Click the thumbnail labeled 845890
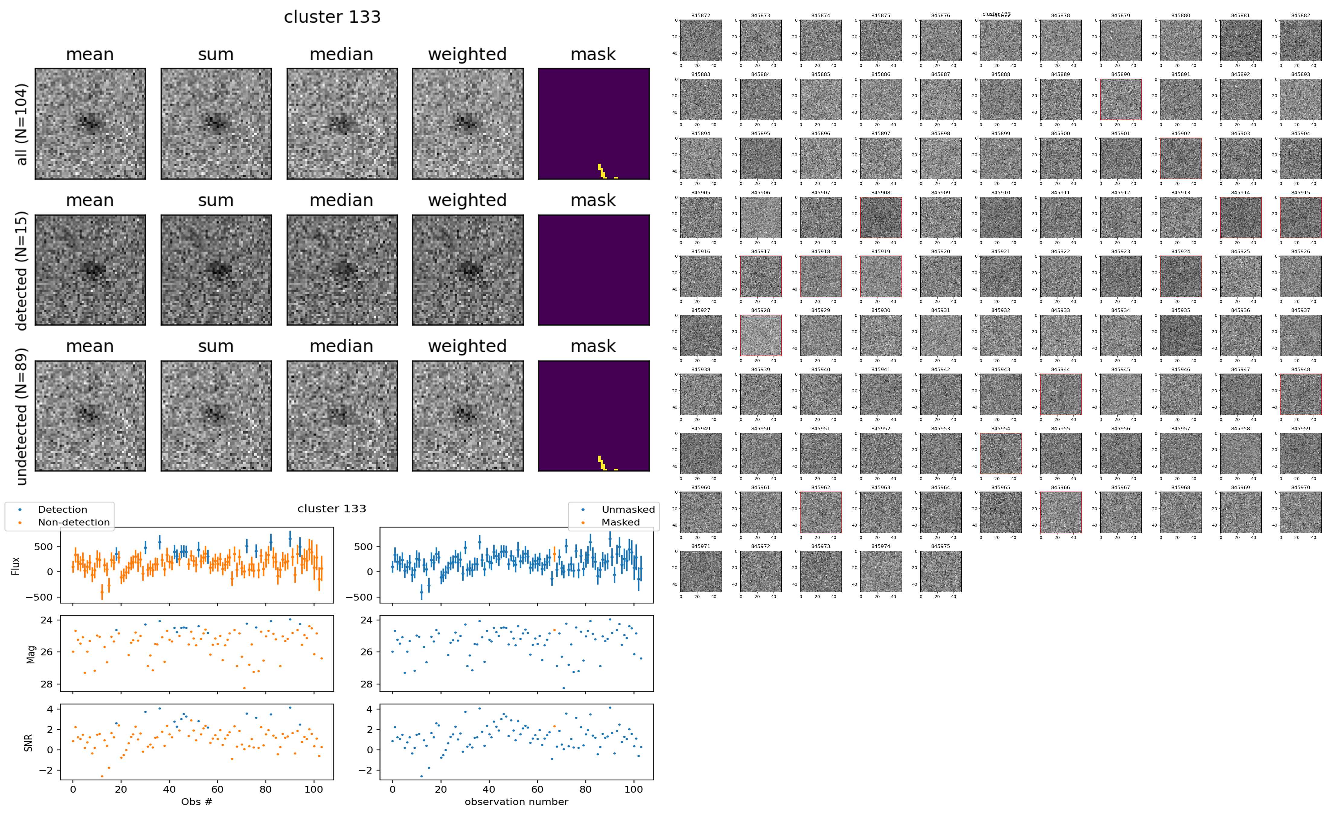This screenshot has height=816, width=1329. point(1121,99)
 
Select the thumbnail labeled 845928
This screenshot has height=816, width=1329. point(760,335)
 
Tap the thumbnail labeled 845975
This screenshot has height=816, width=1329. point(940,571)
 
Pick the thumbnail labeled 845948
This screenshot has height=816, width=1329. point(1300,394)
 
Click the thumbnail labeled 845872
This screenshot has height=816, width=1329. point(700,40)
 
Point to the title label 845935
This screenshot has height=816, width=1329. point(1180,310)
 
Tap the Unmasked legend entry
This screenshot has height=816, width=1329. point(628,509)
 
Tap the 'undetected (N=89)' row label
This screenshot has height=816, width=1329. point(22,416)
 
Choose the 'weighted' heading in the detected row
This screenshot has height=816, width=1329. point(467,200)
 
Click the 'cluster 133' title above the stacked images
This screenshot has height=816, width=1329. point(332,17)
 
